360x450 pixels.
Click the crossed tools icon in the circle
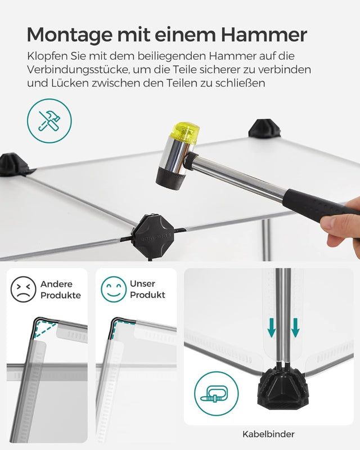click(x=49, y=120)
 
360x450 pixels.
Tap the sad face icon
click(x=23, y=290)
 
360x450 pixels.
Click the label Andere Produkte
click(x=61, y=290)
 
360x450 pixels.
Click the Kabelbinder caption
click(x=268, y=434)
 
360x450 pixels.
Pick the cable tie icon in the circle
click(x=216, y=393)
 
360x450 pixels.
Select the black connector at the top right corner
click(x=265, y=129)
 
